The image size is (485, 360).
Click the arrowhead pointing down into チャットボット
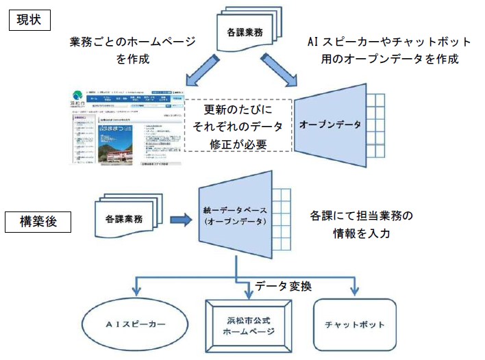coord(354,290)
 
